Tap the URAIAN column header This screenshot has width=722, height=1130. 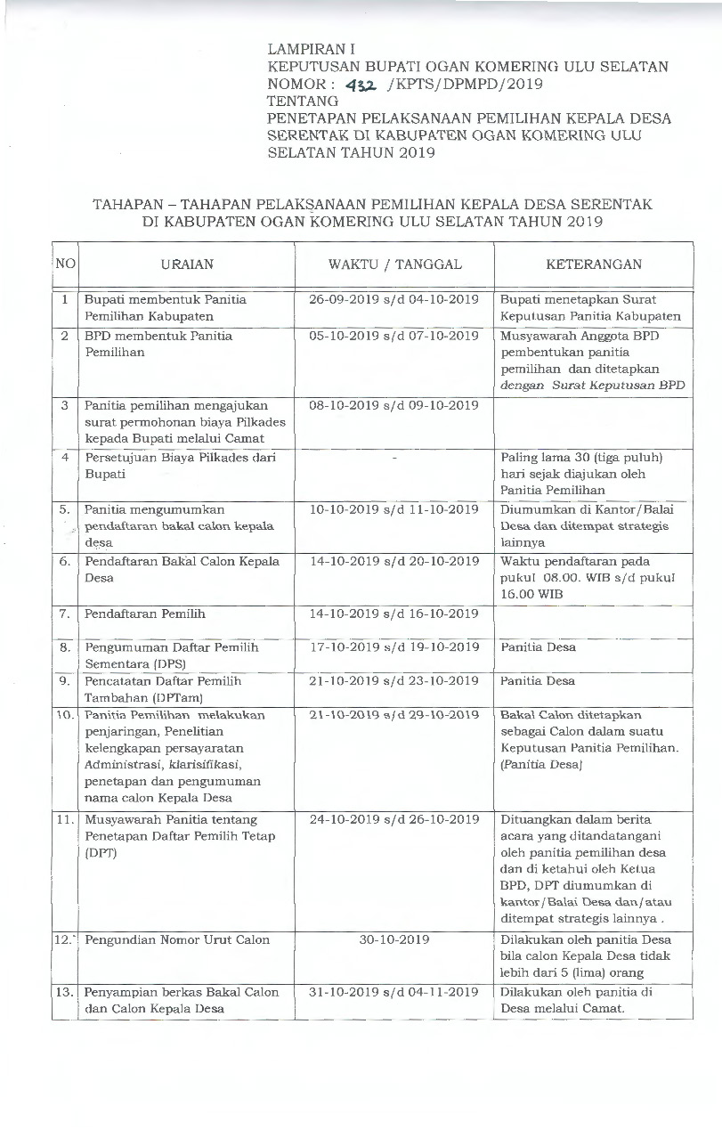(x=187, y=264)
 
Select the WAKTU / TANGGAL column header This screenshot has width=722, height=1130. (x=394, y=264)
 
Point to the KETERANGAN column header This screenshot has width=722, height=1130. (x=594, y=264)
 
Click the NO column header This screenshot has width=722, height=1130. (x=65, y=264)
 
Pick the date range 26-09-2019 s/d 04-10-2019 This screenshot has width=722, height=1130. (x=394, y=300)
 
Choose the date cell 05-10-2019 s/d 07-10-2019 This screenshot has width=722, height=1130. (x=394, y=336)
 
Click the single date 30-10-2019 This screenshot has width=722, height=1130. (x=394, y=939)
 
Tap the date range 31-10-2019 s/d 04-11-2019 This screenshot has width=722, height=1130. (x=394, y=992)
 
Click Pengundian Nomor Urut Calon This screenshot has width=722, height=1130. (x=177, y=939)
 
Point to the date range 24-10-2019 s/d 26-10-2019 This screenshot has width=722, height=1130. (x=394, y=819)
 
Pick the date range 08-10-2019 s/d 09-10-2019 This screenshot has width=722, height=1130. (x=394, y=405)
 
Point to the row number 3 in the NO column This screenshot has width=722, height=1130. (x=65, y=405)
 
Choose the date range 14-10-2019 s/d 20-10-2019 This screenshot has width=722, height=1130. (x=394, y=562)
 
